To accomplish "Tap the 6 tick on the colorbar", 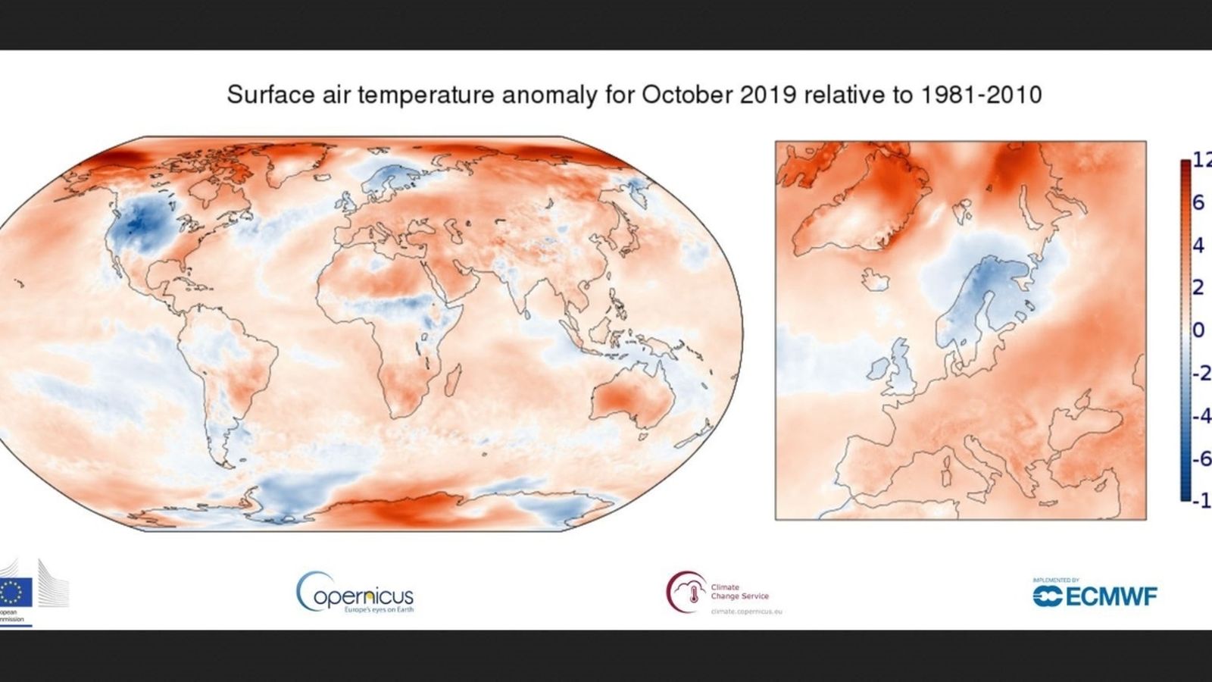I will (x=1198, y=202).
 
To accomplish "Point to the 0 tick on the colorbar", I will (x=1198, y=330).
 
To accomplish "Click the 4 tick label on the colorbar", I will (x=1198, y=246).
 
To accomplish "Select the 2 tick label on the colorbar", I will (x=1198, y=288).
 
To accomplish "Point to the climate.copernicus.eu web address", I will (x=745, y=611).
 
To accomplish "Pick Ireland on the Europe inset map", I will (x=879, y=368).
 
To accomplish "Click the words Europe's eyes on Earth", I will (x=378, y=609).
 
